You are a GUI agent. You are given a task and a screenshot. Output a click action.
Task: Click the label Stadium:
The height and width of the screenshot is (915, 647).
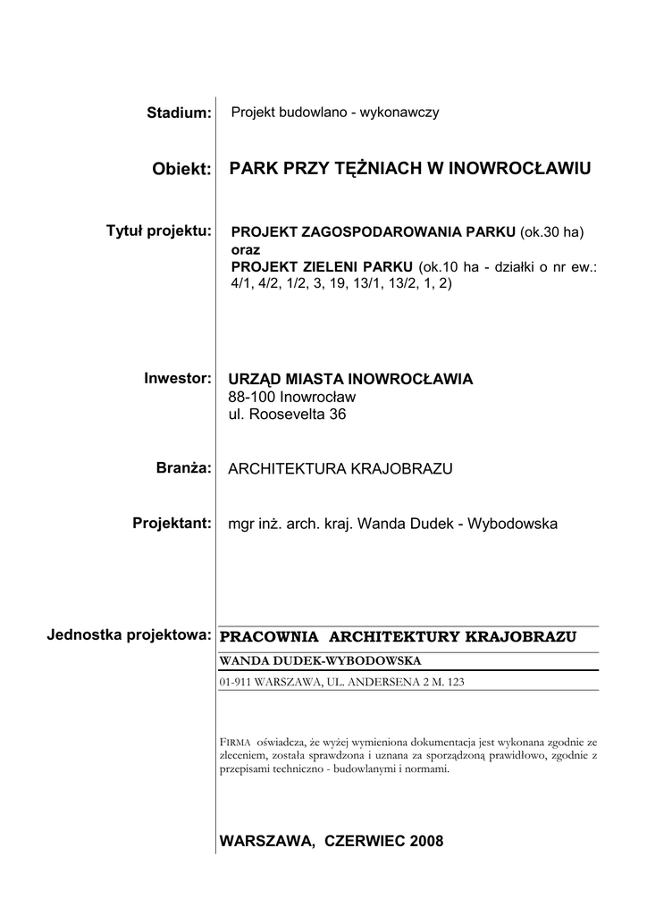179,113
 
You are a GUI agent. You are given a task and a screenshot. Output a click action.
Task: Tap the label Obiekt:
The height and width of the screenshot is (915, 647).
182,169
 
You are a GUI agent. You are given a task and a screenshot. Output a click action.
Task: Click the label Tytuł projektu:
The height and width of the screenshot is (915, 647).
159,231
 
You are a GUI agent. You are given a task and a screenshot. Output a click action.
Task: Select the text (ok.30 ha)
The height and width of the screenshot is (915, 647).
552,232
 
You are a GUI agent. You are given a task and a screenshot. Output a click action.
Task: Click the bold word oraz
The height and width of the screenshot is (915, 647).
245,250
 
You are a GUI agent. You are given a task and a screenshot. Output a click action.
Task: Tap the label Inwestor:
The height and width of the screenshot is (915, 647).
177,378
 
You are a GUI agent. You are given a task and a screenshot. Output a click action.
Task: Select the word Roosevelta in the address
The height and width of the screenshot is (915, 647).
287,415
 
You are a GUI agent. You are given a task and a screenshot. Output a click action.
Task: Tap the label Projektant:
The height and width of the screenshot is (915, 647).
171,522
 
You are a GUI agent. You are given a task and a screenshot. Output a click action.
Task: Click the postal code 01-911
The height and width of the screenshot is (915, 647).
235,682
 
